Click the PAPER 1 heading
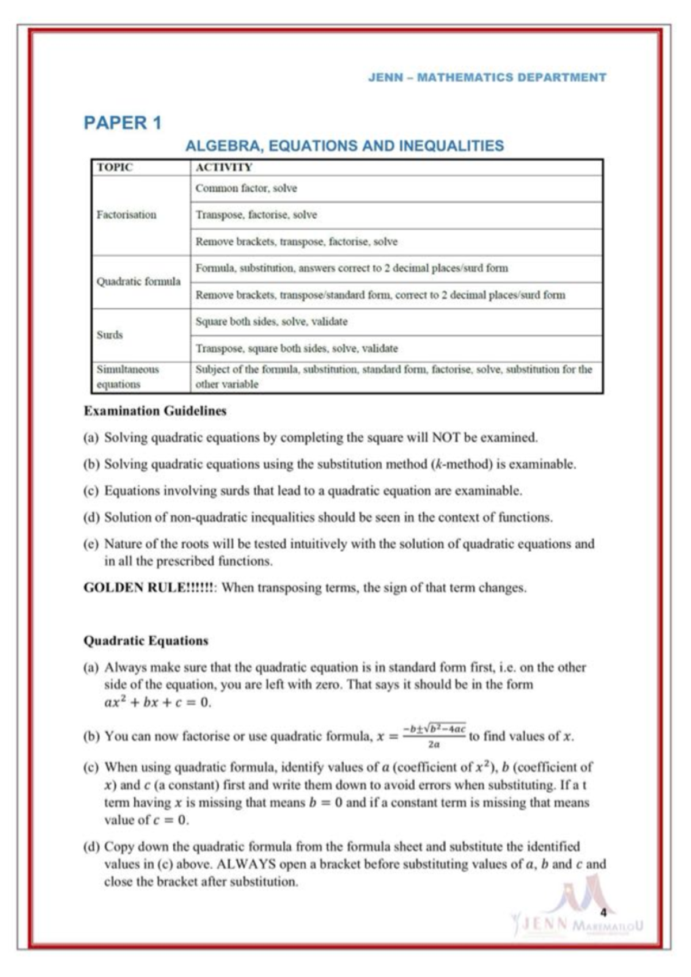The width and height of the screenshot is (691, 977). (x=123, y=123)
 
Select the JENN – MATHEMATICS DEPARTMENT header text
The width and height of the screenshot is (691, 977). (x=487, y=77)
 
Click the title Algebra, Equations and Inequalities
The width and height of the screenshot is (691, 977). (x=344, y=146)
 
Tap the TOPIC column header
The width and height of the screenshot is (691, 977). (x=115, y=168)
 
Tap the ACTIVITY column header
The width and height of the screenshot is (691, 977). (x=223, y=168)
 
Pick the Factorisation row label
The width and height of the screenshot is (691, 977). (x=126, y=215)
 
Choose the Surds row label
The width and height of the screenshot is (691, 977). (x=109, y=334)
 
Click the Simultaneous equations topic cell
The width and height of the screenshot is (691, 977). (x=127, y=377)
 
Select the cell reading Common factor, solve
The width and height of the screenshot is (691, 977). (x=246, y=188)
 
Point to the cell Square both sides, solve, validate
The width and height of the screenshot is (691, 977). (x=271, y=322)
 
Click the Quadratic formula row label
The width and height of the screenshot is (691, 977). (x=138, y=282)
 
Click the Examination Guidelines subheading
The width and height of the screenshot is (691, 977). (x=155, y=411)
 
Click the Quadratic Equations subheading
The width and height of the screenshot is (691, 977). (x=146, y=641)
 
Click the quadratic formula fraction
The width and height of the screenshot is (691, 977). (x=434, y=736)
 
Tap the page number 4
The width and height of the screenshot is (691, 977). (x=603, y=913)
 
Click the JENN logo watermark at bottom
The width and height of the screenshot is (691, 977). (x=576, y=915)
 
